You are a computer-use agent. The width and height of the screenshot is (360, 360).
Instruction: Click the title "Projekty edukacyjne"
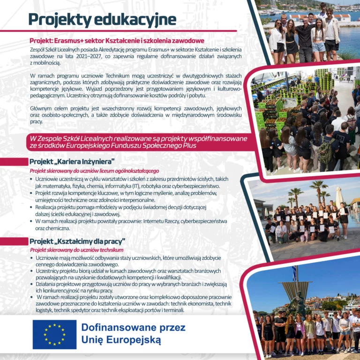[x=102, y=19]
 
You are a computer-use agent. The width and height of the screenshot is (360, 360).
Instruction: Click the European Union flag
[x=54, y=334]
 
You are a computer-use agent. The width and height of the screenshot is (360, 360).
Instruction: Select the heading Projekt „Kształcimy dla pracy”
[x=77, y=241]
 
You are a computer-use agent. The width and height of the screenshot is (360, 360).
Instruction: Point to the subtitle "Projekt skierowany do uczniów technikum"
[x=80, y=250]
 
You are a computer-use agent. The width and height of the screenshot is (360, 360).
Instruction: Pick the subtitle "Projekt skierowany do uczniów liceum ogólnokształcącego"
[x=95, y=171]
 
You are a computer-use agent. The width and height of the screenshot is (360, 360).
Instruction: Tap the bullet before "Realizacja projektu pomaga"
[x=31, y=207]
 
